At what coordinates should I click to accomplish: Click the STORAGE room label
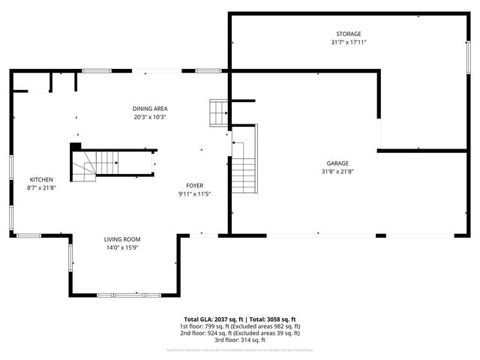(x=348, y=34)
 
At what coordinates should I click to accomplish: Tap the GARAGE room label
(x=337, y=163)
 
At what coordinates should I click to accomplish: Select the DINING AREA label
(x=149, y=109)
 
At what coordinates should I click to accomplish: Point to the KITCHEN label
(x=40, y=179)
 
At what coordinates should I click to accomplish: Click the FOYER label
(x=195, y=185)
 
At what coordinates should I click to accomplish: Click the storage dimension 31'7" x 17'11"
(x=348, y=43)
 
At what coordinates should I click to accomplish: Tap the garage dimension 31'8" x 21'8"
(x=337, y=172)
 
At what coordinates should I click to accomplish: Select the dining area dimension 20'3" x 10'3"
(x=149, y=117)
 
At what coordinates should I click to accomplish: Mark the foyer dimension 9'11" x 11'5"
(x=195, y=193)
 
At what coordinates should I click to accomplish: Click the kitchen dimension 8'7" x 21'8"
(x=40, y=188)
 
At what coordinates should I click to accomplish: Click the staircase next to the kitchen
(x=97, y=163)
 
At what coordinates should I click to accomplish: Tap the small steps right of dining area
(x=218, y=113)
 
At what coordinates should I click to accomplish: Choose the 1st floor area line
(x=239, y=326)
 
